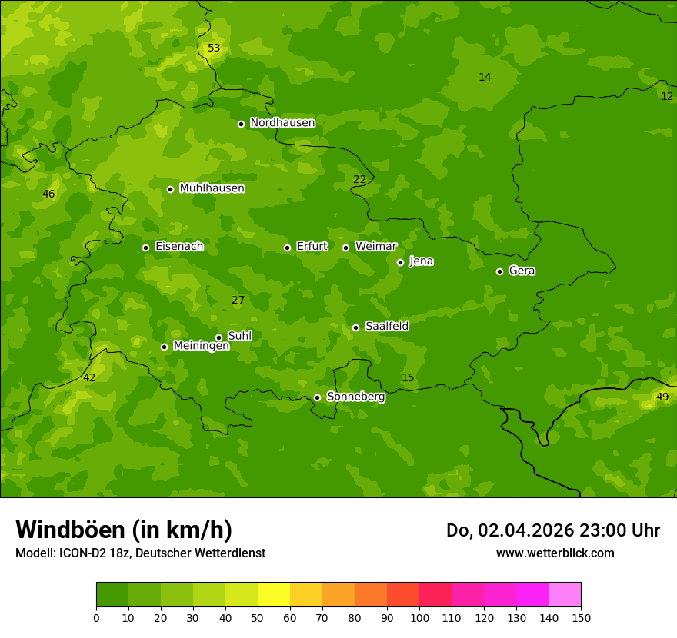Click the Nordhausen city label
click(282, 123)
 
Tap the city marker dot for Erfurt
click(287, 248)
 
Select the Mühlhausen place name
click(212, 188)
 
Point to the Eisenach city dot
click(145, 248)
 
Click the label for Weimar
click(375, 247)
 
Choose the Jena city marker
click(400, 262)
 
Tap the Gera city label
click(522, 271)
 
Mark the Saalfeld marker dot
click(355, 327)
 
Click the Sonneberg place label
click(355, 397)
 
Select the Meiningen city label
click(201, 346)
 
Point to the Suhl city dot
click(218, 337)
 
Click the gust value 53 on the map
click(214, 48)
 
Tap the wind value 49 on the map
click(662, 397)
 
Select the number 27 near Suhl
click(238, 301)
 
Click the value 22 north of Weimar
click(359, 180)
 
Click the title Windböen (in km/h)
click(124, 530)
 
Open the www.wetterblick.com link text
click(555, 553)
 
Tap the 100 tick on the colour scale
click(419, 617)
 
